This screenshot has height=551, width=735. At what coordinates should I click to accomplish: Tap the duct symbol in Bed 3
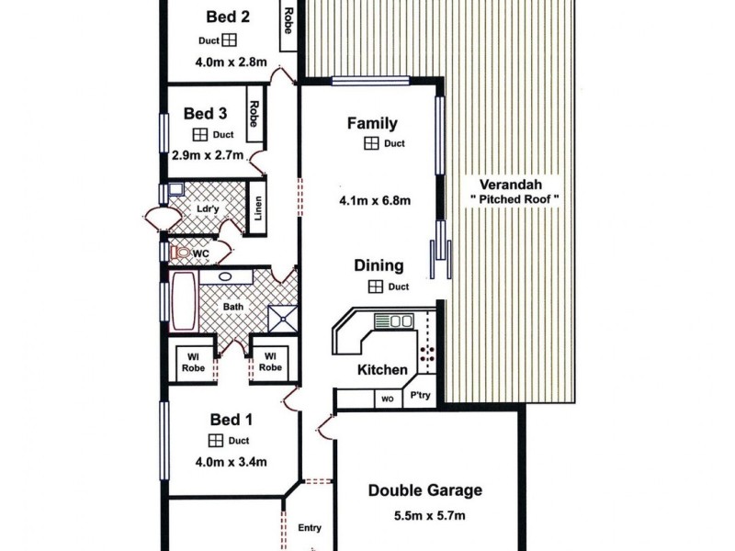pos(196,133)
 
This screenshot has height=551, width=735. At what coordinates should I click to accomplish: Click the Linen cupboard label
pos(259,215)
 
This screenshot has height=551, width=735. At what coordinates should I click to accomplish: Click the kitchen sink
pos(401,321)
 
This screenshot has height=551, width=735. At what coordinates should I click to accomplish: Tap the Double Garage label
pos(424,490)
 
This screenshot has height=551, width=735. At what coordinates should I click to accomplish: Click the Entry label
pos(310,528)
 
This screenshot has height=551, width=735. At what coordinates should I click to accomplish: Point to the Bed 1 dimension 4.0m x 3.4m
pos(230,462)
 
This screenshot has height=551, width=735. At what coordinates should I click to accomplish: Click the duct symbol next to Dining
pos(377,287)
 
